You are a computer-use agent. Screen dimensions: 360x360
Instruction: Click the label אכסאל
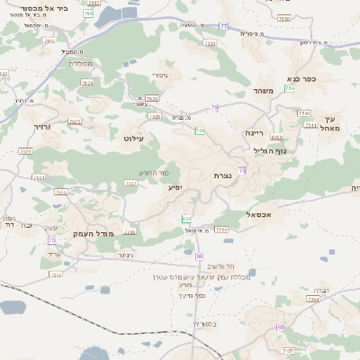259,215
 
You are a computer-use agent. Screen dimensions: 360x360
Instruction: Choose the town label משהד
263,91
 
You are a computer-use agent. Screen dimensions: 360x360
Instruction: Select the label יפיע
175,187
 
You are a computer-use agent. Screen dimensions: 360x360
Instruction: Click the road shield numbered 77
223,26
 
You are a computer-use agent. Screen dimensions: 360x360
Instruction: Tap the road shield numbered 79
214,108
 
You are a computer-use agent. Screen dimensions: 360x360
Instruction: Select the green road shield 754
290,88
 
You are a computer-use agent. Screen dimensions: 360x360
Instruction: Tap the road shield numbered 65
281,328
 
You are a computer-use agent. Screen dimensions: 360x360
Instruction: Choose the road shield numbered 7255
221,229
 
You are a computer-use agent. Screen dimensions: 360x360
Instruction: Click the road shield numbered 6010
276,138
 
